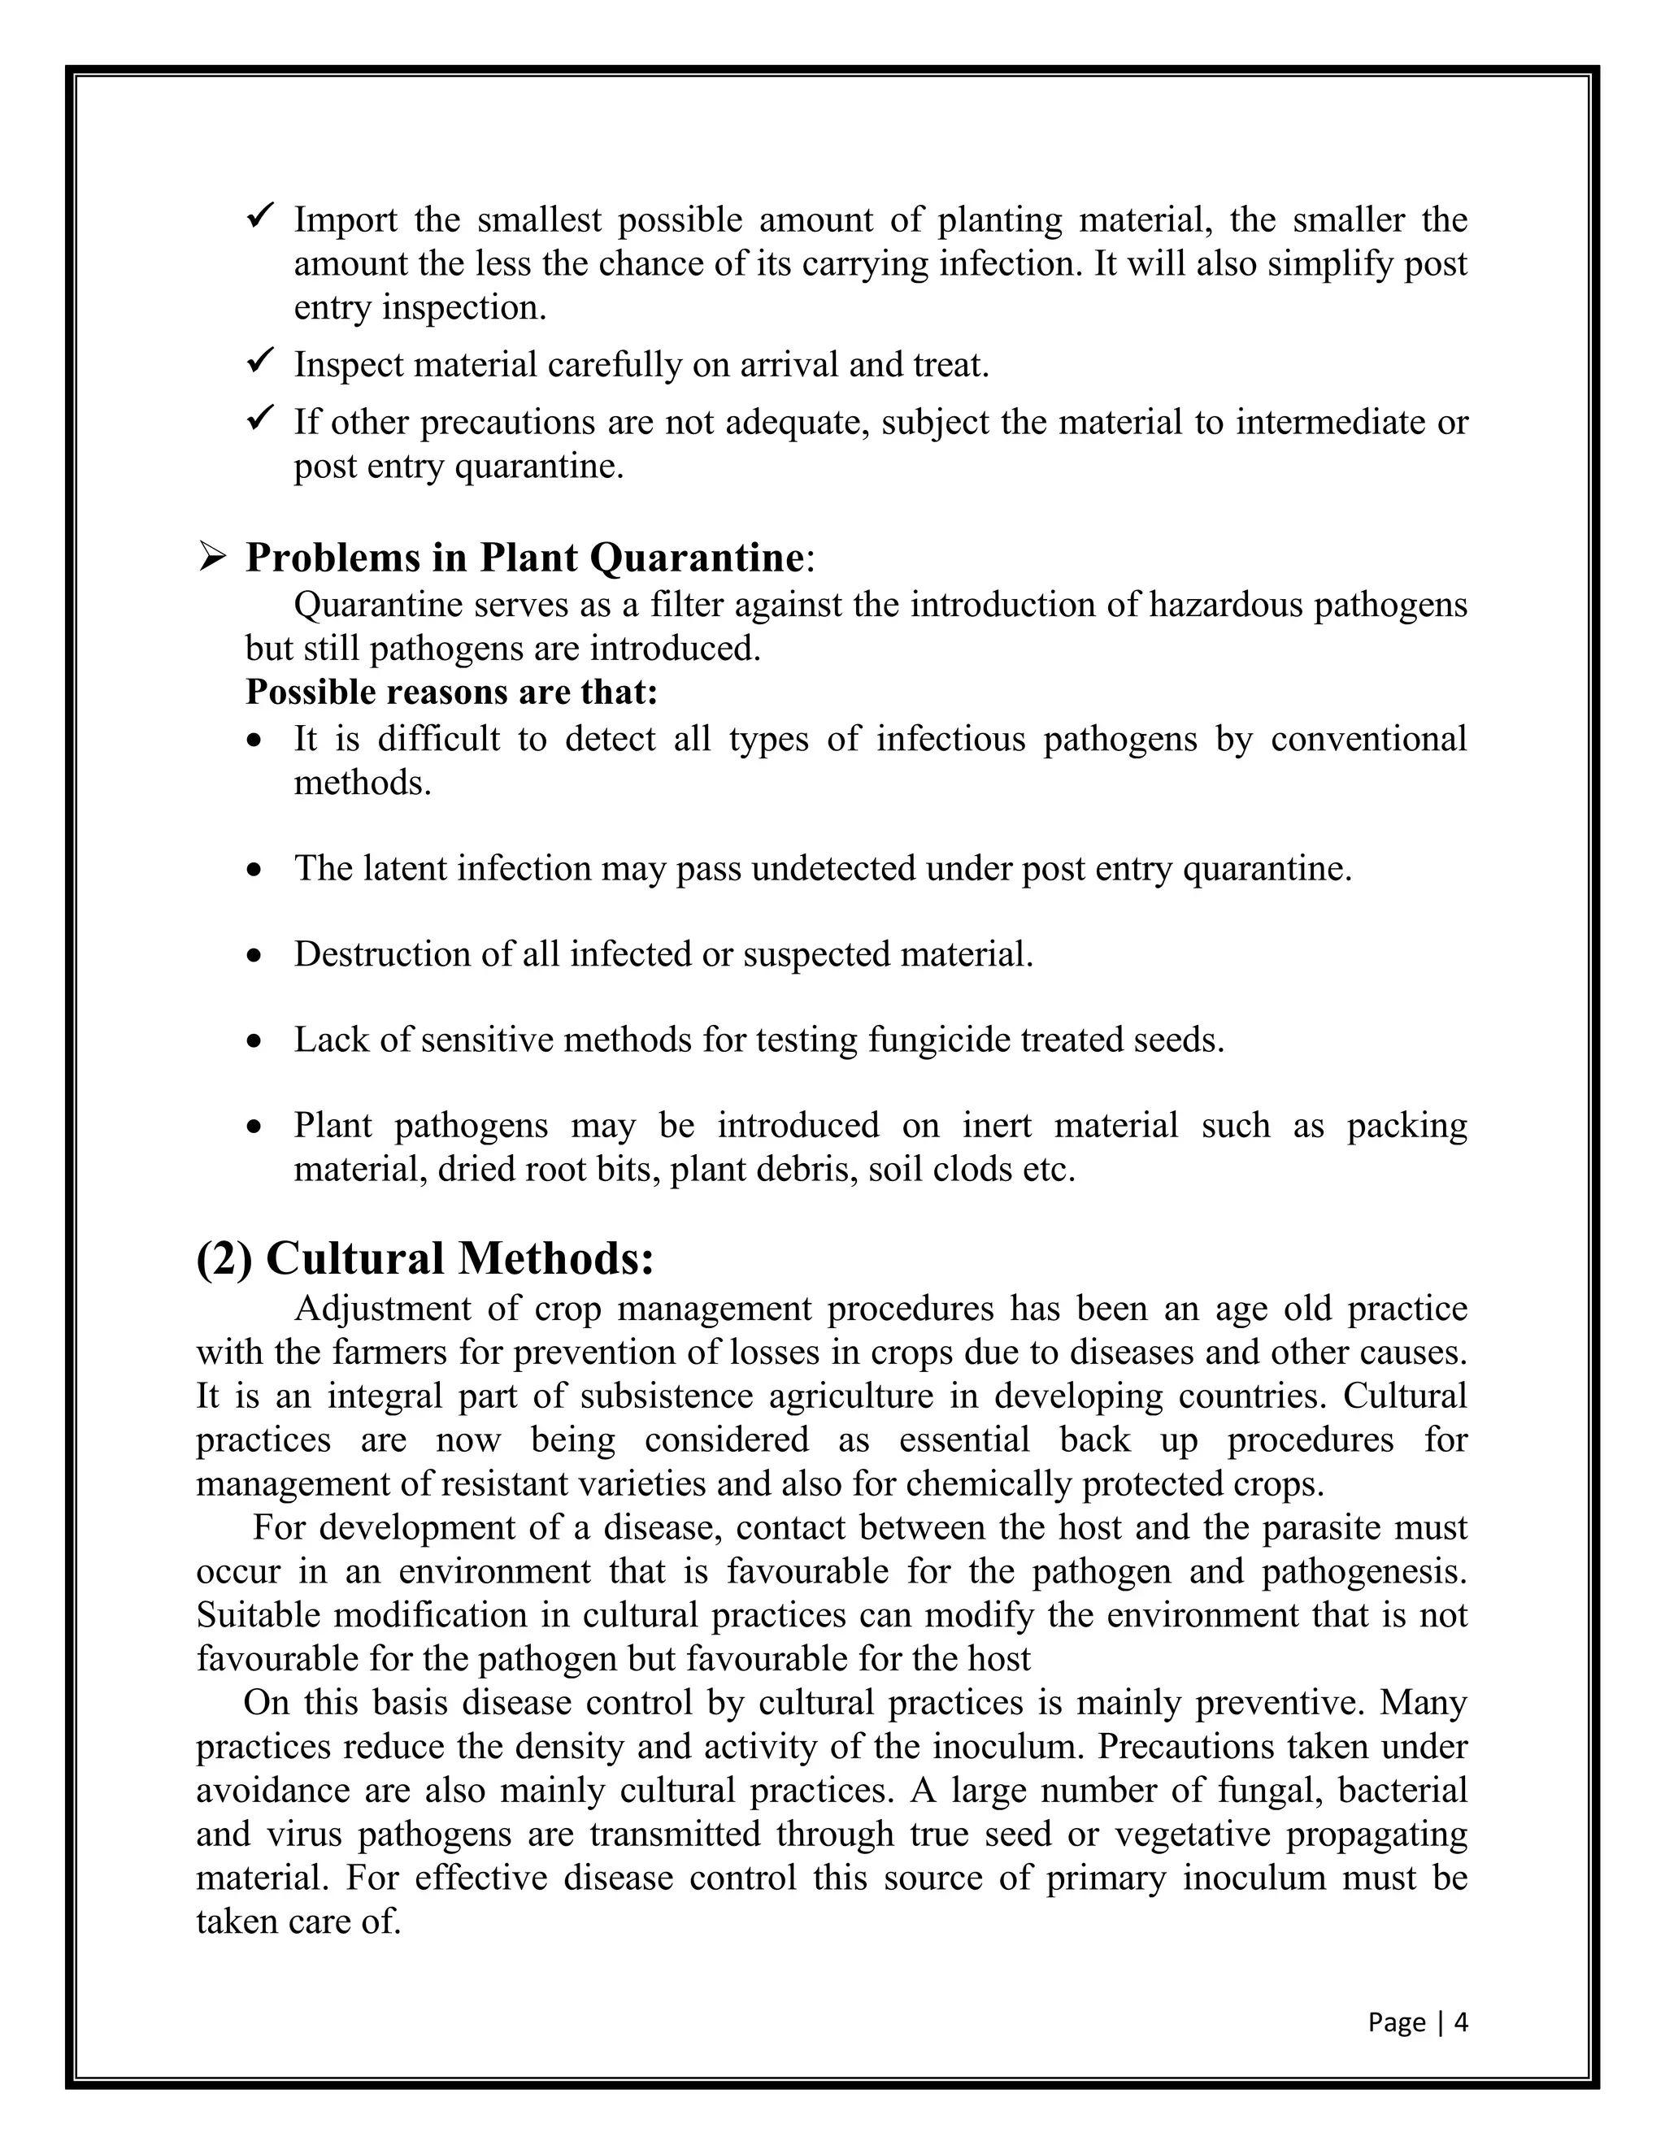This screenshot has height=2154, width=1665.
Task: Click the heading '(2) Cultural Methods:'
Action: coord(425,1258)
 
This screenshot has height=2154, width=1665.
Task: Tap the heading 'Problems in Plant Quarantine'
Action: coord(524,558)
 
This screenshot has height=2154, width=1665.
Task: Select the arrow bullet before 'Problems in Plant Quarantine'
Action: coord(212,558)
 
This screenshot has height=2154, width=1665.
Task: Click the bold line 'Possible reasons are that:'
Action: coord(450,693)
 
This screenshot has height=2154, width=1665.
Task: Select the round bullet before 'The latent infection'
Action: coord(255,871)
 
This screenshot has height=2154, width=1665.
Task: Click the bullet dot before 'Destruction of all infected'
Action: coord(255,957)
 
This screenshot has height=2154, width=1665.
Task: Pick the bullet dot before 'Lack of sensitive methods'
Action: coord(255,1041)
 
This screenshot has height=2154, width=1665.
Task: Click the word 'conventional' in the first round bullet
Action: coord(1368,739)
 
